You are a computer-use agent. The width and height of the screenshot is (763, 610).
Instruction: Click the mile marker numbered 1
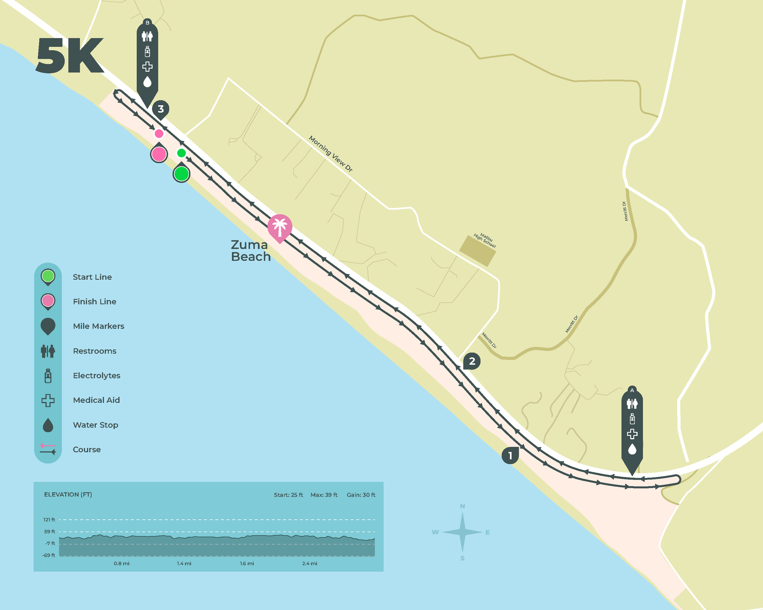510,455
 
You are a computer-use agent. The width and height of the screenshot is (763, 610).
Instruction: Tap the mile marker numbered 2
472,361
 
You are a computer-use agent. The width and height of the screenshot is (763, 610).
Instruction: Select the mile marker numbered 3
161,109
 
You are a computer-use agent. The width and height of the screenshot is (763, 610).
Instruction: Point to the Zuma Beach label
251,251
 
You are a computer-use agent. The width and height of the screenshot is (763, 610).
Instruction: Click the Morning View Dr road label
331,153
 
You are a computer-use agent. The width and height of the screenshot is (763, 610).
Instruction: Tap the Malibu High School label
485,240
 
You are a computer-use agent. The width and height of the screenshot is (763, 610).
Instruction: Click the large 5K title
70,56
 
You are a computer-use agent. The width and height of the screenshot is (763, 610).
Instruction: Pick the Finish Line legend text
95,302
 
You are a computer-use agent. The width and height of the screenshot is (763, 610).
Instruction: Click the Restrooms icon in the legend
48,351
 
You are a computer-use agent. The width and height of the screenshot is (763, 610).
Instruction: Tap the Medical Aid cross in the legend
48,400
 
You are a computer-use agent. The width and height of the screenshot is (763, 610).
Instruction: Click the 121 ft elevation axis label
49,519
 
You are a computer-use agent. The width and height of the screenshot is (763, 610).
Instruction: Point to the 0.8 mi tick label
121,563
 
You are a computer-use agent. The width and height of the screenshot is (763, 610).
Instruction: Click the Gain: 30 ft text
361,495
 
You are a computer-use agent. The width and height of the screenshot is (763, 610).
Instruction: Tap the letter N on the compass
462,506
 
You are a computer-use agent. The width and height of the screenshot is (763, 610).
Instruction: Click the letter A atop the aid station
632,390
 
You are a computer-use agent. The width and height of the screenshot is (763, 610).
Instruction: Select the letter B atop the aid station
147,23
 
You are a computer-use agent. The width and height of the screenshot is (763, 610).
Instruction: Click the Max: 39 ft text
324,495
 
